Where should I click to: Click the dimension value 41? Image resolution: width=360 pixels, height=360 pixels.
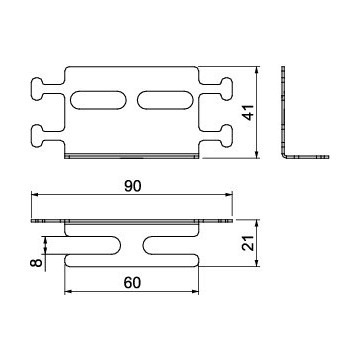[x=248, y=112]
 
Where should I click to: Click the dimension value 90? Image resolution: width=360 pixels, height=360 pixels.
[x=133, y=186]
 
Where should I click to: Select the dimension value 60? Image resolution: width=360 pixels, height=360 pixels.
[x=132, y=283]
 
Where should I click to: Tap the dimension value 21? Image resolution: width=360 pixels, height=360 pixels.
[x=248, y=242]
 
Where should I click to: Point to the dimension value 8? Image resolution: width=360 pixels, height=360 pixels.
[x=36, y=263]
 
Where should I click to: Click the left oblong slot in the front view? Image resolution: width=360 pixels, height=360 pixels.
[x=99, y=100]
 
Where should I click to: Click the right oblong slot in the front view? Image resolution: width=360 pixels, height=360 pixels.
[x=165, y=100]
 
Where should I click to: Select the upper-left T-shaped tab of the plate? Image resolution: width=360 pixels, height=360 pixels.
[x=48, y=89]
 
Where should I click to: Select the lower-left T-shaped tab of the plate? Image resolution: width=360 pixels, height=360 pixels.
[x=48, y=136]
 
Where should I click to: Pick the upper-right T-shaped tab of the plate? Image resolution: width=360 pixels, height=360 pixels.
[x=216, y=89]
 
